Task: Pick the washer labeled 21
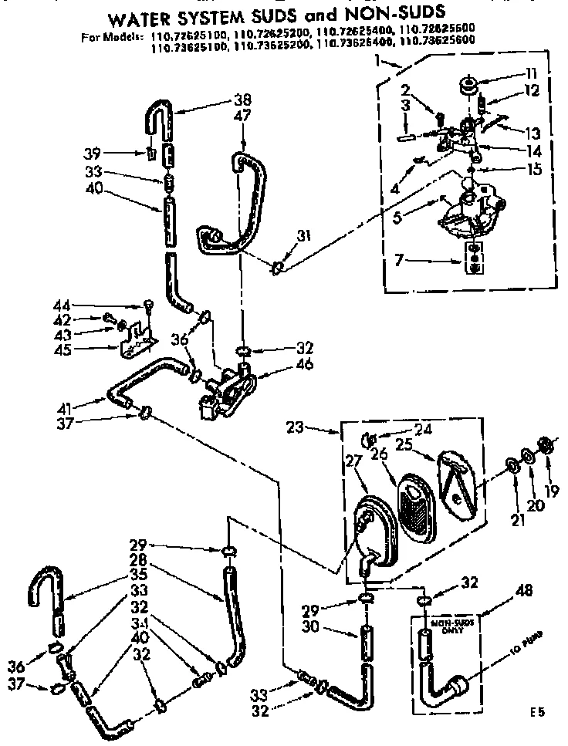tap(510, 467)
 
